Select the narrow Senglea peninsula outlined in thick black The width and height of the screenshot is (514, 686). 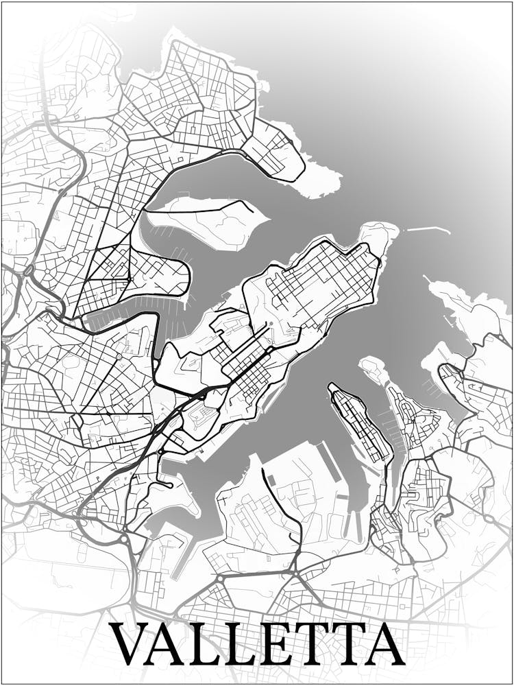[358, 422]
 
